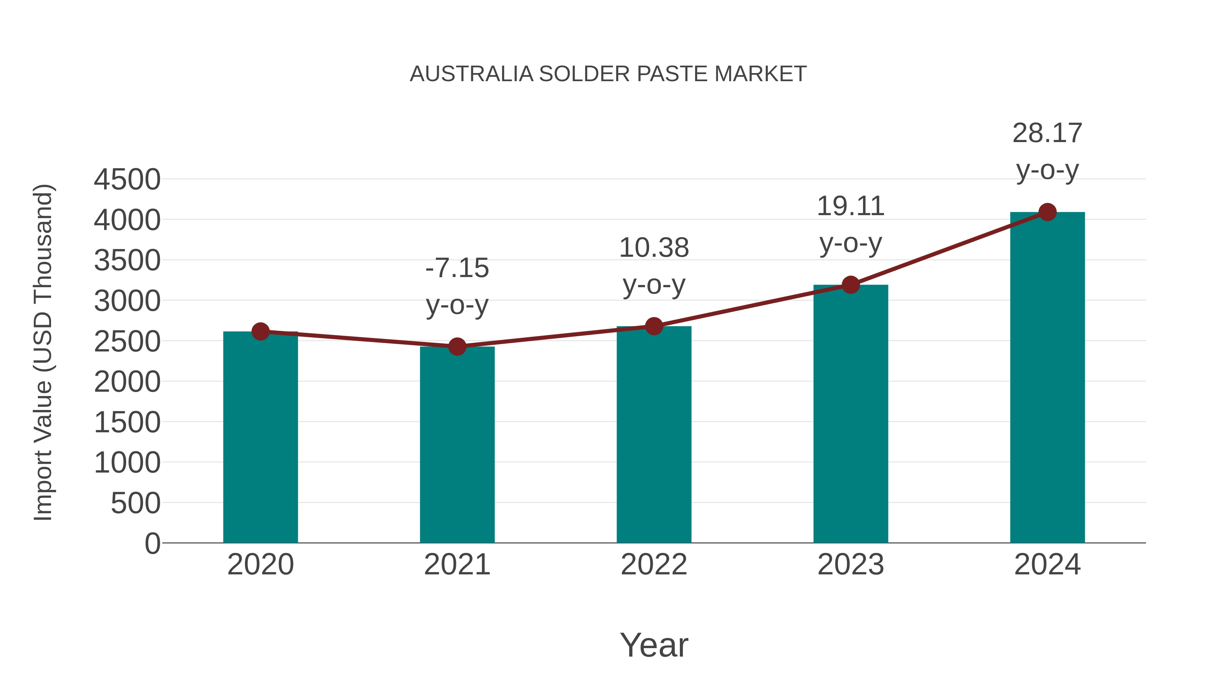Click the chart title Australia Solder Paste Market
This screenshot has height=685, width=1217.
[608, 74]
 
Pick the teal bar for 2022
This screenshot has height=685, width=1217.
[654, 435]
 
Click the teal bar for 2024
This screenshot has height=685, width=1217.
[1047, 378]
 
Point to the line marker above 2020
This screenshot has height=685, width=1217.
[260, 332]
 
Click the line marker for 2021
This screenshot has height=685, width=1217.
[457, 346]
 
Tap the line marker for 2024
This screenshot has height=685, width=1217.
[1047, 212]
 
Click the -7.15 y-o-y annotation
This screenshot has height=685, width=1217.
[457, 287]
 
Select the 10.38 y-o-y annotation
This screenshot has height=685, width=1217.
[654, 266]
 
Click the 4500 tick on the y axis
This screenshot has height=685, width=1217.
[127, 180]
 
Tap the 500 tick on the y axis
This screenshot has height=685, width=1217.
[136, 503]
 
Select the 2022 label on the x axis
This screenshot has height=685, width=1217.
[654, 565]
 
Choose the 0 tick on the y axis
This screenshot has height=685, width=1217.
[152, 544]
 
